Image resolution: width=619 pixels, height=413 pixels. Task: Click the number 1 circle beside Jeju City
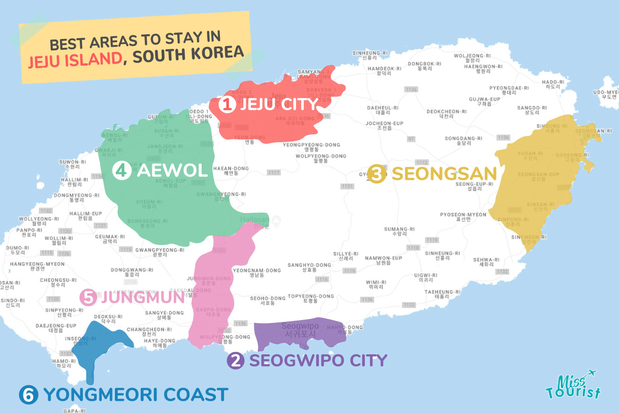point(227,104)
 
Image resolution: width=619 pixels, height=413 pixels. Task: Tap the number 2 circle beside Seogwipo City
point(235,360)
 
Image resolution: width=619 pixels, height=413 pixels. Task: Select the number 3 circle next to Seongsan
point(377,174)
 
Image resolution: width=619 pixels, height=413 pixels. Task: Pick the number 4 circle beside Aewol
point(122,170)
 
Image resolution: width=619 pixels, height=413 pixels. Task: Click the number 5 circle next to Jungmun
point(88,297)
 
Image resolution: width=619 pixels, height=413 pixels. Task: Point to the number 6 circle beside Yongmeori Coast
point(28,395)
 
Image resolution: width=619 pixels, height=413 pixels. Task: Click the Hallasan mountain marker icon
point(276,220)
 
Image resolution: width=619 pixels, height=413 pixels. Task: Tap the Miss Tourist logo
point(573,384)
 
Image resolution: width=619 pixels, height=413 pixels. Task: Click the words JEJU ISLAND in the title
point(73,60)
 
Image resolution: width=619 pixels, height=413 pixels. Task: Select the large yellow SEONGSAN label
point(444,174)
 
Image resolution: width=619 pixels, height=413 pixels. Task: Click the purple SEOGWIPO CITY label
point(318,360)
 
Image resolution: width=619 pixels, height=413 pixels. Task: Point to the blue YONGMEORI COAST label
point(136,395)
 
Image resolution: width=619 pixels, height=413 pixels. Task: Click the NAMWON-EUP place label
point(384,258)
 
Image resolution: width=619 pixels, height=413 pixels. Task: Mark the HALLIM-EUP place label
point(85,214)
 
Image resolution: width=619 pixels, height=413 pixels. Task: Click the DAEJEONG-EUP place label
point(56,326)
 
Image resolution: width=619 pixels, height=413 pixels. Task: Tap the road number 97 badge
point(411,139)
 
